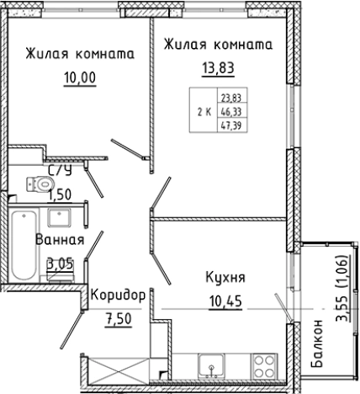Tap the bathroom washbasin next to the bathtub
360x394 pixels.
pyautogui.click(x=59, y=218)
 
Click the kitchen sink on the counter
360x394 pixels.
pyautogui.click(x=211, y=367)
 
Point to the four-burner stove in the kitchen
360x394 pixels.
pyautogui.click(x=263, y=366)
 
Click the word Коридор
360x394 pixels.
pyautogui.click(x=119, y=295)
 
